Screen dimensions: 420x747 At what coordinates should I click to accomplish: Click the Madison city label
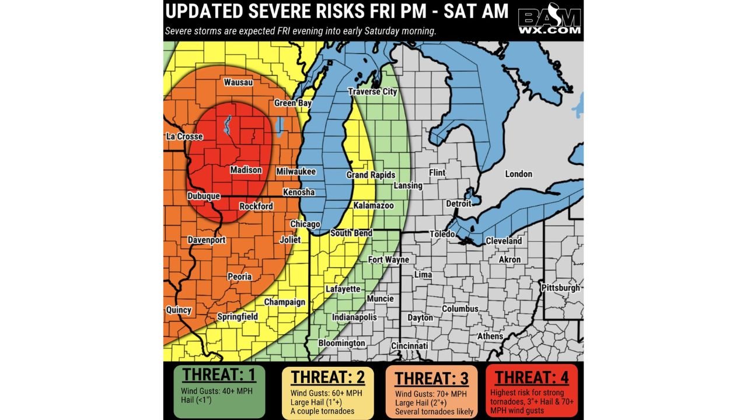click(246, 170)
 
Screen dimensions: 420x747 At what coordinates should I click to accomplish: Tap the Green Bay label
click(293, 103)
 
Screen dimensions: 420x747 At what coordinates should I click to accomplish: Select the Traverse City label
click(372, 92)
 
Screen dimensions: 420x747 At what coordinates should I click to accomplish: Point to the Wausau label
click(238, 82)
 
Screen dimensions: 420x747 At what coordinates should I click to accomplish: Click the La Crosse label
click(184, 136)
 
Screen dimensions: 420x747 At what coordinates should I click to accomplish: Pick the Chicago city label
click(305, 225)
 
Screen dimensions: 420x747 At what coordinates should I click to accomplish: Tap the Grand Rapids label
click(371, 175)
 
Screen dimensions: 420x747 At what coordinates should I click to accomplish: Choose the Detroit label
click(459, 204)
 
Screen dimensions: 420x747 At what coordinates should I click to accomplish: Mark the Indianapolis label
click(354, 317)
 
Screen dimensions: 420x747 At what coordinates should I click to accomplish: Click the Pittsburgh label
click(560, 288)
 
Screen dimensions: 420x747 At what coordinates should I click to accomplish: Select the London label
click(518, 174)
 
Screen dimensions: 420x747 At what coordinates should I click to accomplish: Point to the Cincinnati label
click(409, 346)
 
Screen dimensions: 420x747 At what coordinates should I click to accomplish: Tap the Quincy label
click(179, 310)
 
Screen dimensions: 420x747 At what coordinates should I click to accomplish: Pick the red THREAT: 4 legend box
click(531, 390)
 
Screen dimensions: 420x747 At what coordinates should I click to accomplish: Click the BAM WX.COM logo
click(549, 21)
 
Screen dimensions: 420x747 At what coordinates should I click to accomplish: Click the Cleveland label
click(504, 241)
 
